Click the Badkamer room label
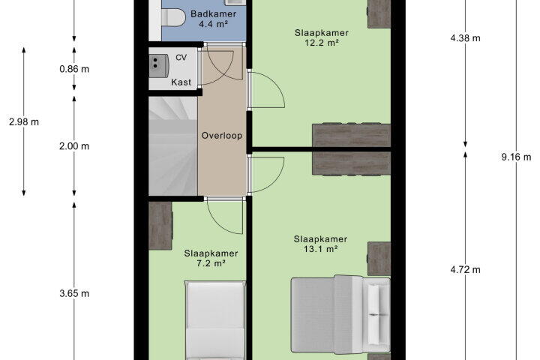click(x=213, y=14)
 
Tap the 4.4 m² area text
click(x=213, y=24)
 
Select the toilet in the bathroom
click(x=173, y=17)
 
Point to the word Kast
click(x=181, y=82)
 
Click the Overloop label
click(x=222, y=136)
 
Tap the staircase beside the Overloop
click(x=173, y=146)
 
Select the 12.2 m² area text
click(x=321, y=43)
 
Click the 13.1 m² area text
click(x=320, y=249)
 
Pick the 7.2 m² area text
click(x=211, y=263)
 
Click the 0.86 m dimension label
click(x=74, y=69)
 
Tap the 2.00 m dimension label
click(x=74, y=146)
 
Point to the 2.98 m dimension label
click(x=24, y=122)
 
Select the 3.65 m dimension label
click(x=74, y=293)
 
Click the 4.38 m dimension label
click(x=465, y=38)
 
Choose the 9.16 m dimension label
click(x=516, y=157)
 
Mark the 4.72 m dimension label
click(x=465, y=270)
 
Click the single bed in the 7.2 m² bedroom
click(x=215, y=320)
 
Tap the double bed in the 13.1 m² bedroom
click(x=340, y=314)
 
